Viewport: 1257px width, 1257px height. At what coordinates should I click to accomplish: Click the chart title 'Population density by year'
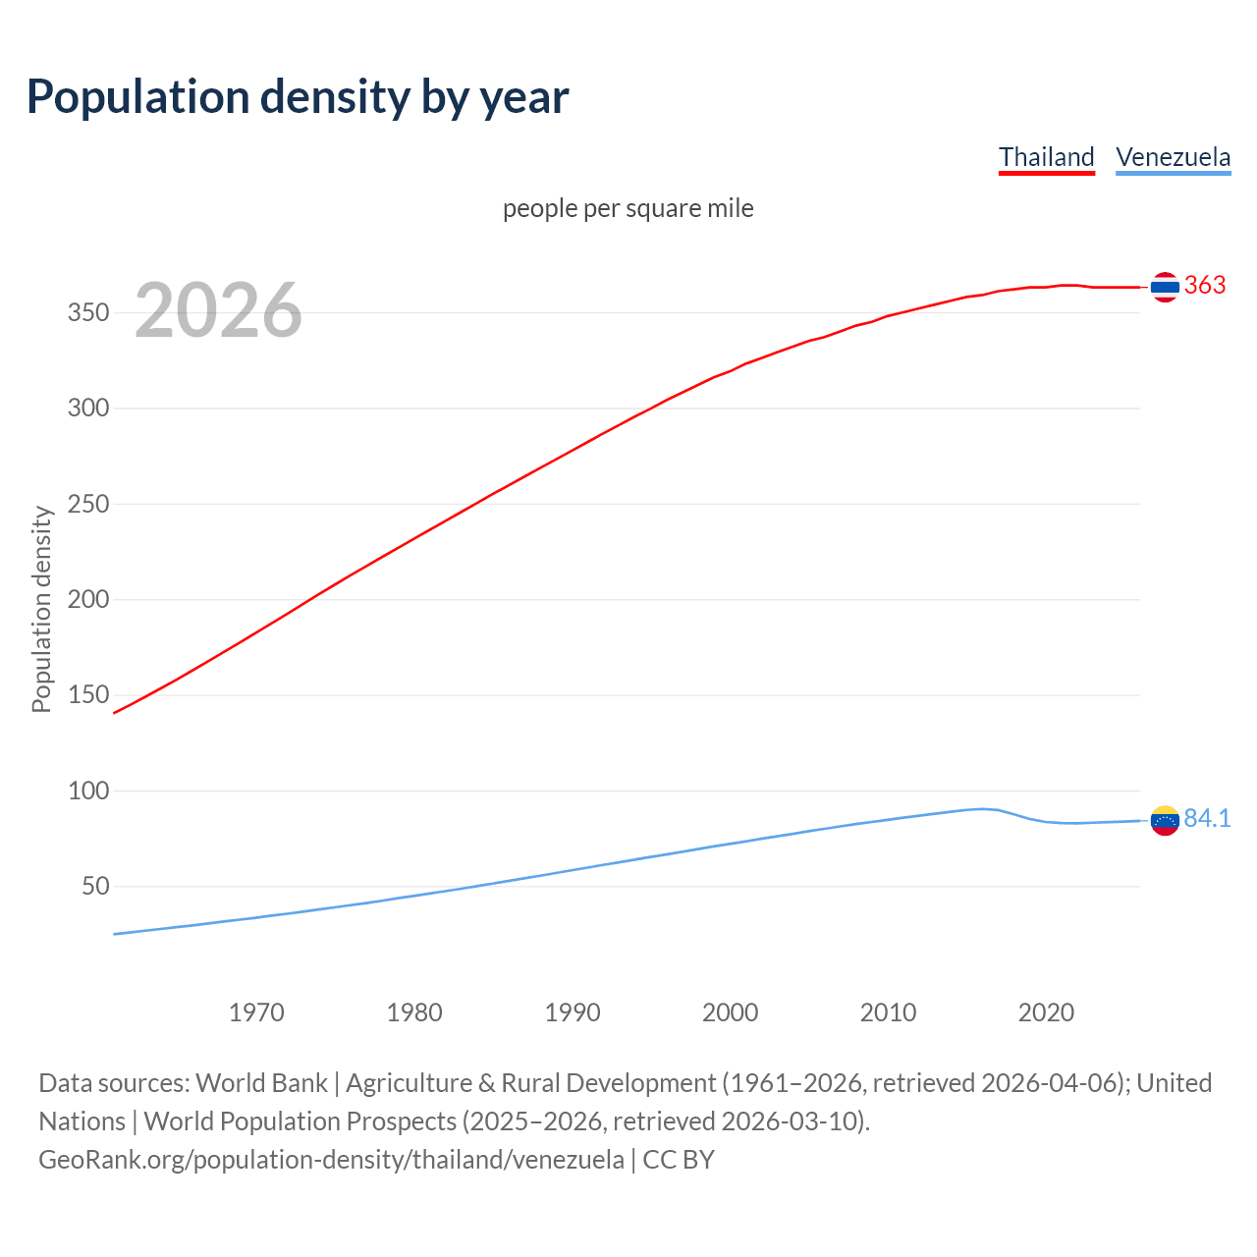click(x=298, y=97)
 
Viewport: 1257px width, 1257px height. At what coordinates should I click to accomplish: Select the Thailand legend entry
click(x=1046, y=157)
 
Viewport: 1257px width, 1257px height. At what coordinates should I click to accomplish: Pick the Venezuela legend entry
click(x=1173, y=157)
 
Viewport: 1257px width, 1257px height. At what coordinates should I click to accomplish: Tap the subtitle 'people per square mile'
click(x=628, y=208)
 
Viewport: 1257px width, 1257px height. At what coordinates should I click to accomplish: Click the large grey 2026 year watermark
click(x=218, y=310)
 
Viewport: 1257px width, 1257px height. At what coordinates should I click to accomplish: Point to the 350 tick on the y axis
click(x=87, y=313)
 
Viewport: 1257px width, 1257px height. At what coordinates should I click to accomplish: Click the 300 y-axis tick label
click(x=87, y=409)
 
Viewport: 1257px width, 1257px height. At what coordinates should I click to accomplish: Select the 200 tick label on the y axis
click(x=87, y=600)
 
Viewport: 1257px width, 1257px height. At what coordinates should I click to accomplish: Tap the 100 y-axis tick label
click(x=87, y=791)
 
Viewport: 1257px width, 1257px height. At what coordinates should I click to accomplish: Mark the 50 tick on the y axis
click(x=95, y=887)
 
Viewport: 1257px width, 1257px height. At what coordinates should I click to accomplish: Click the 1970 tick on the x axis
click(x=256, y=1012)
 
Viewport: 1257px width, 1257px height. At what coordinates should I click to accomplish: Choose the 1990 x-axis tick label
click(x=573, y=1012)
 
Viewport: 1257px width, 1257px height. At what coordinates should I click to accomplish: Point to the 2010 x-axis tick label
click(x=888, y=1012)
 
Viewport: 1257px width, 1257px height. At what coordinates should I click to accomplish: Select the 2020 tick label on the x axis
click(x=1046, y=1012)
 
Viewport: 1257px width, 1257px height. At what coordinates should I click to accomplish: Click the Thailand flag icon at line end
click(x=1165, y=287)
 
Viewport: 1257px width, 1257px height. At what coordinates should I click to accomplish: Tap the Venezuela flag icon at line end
click(x=1165, y=820)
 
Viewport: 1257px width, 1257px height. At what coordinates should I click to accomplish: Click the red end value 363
click(x=1205, y=286)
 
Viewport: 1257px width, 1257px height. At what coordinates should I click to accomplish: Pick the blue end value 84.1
click(x=1207, y=819)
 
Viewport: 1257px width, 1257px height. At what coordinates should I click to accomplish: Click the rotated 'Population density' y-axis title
click(x=41, y=609)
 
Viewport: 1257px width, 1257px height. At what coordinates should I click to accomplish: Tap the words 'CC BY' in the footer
click(x=679, y=1160)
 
